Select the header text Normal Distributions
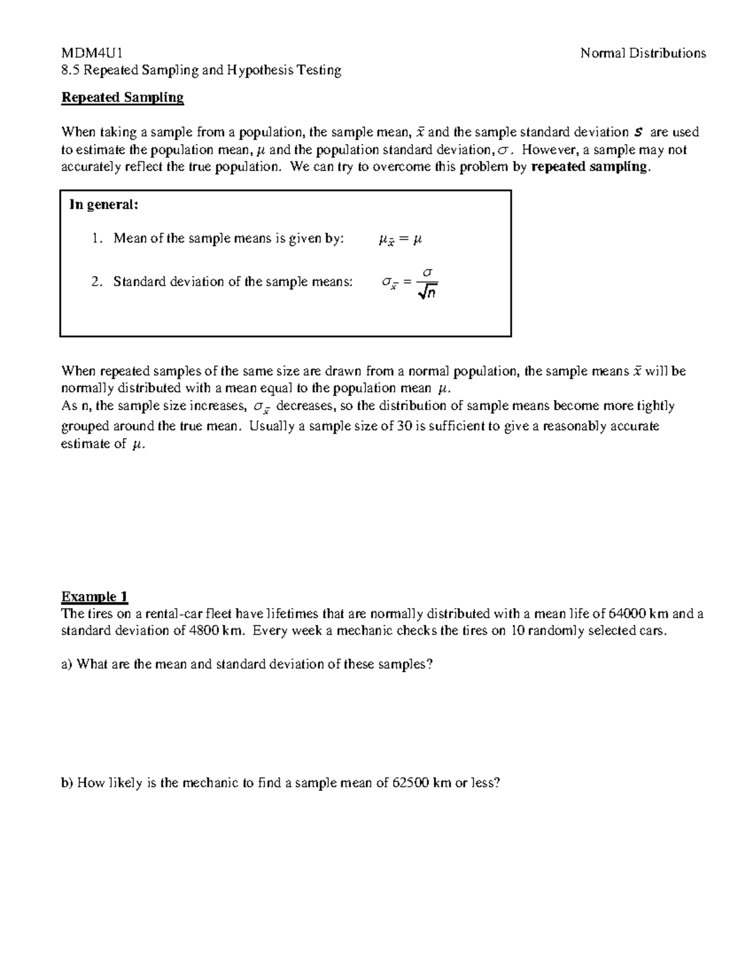643,53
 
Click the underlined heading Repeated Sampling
122,98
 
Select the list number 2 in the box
95,282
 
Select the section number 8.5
70,70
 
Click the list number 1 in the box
95,239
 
